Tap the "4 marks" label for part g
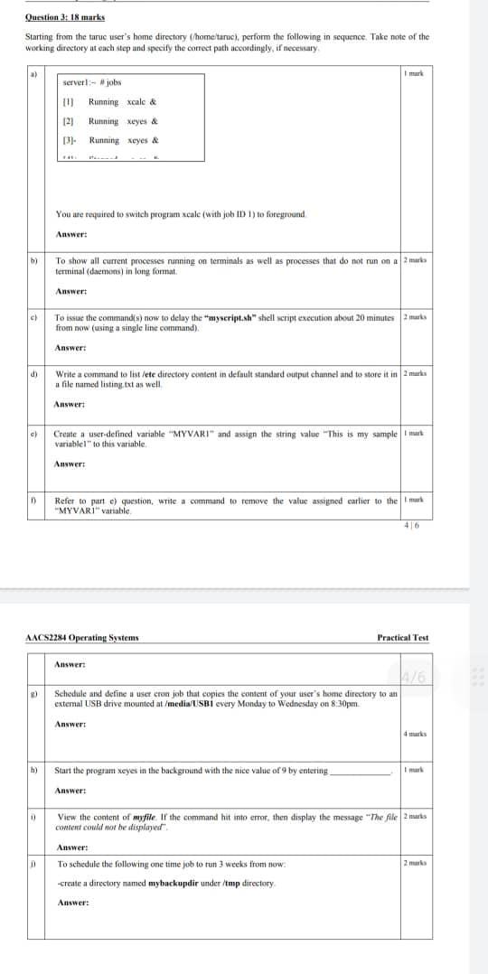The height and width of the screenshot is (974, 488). [415, 734]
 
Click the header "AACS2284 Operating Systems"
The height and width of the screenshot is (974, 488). [82, 638]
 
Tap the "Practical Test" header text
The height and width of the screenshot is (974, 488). [403, 638]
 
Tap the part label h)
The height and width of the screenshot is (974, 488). [33, 771]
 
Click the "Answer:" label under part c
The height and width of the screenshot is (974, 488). [70, 348]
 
